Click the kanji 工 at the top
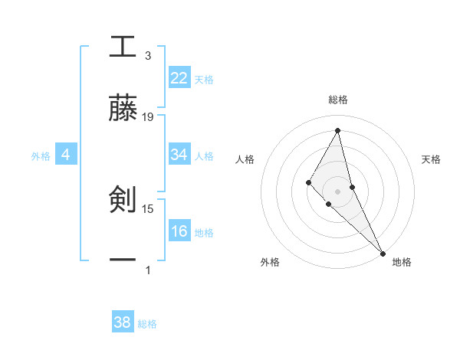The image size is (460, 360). pos(122,47)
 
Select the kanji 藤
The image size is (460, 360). pos(122,108)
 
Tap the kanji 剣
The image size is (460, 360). pos(122,200)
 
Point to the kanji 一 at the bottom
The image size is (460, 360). pos(122,260)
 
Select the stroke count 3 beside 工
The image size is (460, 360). pos(148,56)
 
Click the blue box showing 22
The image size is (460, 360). pos(179,78)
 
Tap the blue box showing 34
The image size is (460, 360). pos(179,155)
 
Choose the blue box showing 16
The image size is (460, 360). pos(179,231)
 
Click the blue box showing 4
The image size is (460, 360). pos(65,155)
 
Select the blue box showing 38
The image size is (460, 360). pos(122,322)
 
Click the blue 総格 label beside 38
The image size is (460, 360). pos(147,324)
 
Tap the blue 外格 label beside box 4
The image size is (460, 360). pos(41,156)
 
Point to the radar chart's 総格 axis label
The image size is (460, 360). pos(338,100)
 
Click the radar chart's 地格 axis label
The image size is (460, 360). pos(402,263)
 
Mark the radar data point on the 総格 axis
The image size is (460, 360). pos(337,129)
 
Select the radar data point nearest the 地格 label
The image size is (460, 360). pos(383,253)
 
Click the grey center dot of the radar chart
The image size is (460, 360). pos(337,191)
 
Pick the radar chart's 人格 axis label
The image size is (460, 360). pos(245,159)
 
